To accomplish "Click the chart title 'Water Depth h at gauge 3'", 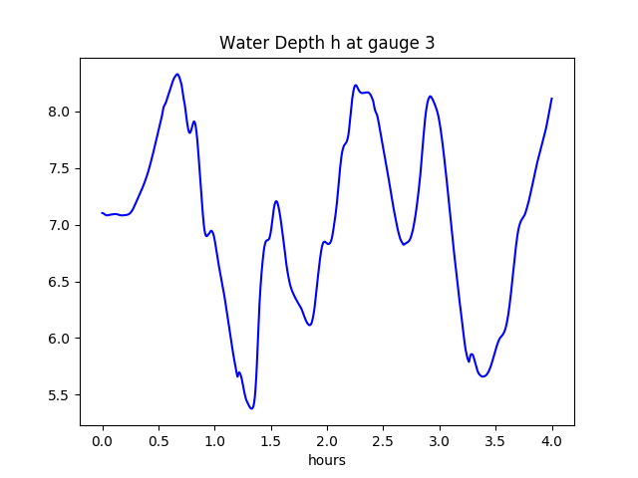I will point(327,43).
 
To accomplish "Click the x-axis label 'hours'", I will point(327,460).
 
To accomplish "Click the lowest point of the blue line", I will point(252,408).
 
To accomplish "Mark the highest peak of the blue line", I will point(176,74).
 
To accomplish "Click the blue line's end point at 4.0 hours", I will point(551,99).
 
